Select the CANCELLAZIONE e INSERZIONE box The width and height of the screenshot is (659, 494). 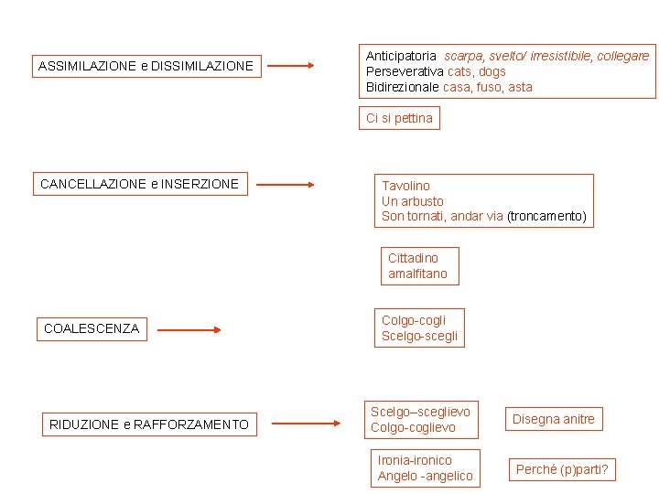pyautogui.click(x=139, y=184)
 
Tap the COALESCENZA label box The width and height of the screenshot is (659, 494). pyautogui.click(x=92, y=328)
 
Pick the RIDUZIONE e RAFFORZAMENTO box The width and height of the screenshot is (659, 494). pyautogui.click(x=149, y=424)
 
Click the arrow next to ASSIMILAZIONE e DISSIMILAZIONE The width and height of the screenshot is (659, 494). pyautogui.click(x=290, y=66)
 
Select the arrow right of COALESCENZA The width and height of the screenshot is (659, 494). pyautogui.click(x=189, y=330)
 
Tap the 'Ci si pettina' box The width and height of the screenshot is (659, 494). pyautogui.click(x=399, y=118)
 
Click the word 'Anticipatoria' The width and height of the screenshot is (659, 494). pyautogui.click(x=401, y=56)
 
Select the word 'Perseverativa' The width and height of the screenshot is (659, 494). pyautogui.click(x=405, y=71)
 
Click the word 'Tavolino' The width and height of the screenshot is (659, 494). pyautogui.click(x=405, y=186)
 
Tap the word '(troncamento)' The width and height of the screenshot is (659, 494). pyautogui.click(x=546, y=217)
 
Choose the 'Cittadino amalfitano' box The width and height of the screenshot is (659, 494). pyautogui.click(x=419, y=266)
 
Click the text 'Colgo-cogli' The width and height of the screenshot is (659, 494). pyautogui.click(x=414, y=320)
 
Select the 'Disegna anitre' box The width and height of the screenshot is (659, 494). pyautogui.click(x=553, y=419)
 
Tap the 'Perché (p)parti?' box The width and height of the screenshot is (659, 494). pyautogui.click(x=562, y=470)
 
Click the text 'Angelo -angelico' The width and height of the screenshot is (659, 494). pyautogui.click(x=426, y=476)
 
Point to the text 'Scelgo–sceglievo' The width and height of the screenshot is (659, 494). pyautogui.click(x=420, y=412)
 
